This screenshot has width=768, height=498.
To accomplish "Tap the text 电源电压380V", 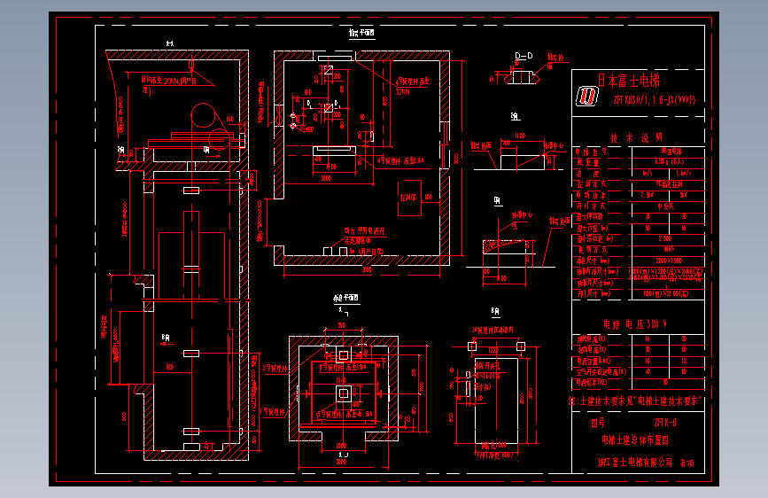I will pyautogui.click(x=634, y=323).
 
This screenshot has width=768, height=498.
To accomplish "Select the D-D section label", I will pyautogui.click(x=524, y=56).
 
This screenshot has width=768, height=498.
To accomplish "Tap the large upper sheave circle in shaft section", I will pyautogui.click(x=206, y=115).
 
